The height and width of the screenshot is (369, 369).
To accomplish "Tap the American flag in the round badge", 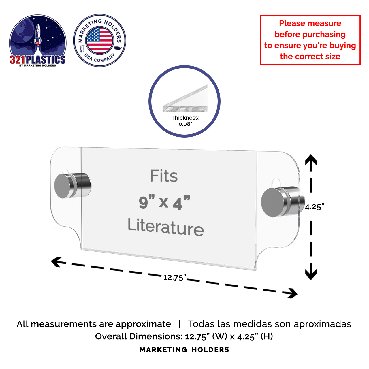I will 100,40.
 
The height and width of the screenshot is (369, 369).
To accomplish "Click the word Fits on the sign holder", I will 164,176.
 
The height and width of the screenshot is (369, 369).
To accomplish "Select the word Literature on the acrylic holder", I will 166,227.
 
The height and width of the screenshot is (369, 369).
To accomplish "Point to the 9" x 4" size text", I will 165,202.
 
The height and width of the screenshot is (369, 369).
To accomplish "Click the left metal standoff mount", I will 72,185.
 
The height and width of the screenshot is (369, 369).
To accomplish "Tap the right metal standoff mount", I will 281,202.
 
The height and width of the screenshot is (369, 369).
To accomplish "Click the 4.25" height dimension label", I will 315,207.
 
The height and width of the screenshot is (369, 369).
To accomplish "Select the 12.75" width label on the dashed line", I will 175,277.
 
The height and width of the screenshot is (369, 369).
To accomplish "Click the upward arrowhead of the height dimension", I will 311,160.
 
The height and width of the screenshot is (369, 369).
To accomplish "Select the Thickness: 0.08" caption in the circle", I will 185,121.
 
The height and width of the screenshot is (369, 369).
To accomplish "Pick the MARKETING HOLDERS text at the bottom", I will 184,350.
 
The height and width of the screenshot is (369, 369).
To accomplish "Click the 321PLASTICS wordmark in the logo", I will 38,60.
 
